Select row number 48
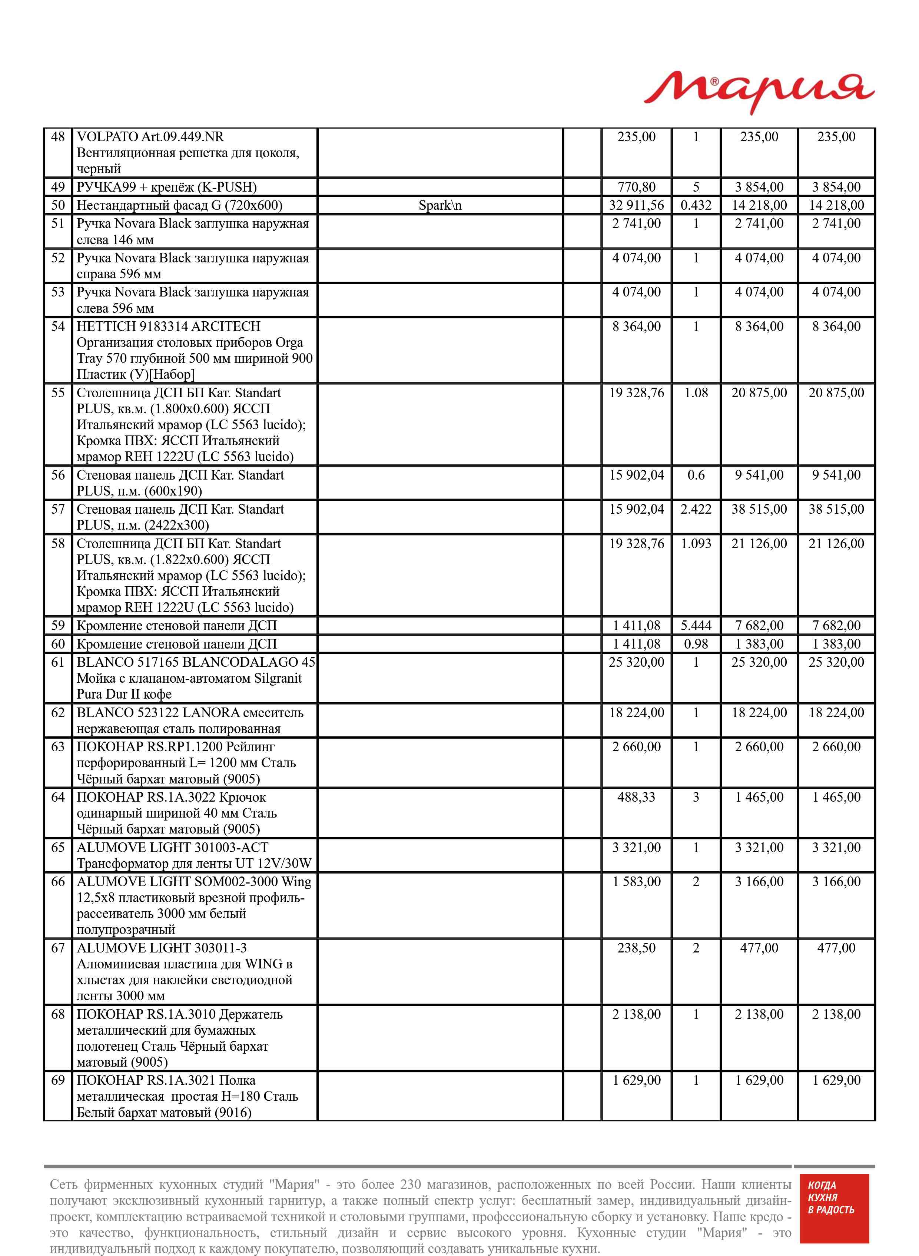click(58, 137)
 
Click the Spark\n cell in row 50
click(439, 206)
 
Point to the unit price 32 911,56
click(636, 206)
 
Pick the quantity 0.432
click(696, 206)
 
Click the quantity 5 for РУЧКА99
click(696, 188)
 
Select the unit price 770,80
click(636, 188)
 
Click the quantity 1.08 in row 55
click(696, 393)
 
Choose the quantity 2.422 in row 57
click(696, 510)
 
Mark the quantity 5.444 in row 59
click(696, 626)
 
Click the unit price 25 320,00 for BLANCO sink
click(636, 663)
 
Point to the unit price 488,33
click(636, 797)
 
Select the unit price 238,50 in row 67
click(636, 948)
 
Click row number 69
click(58, 1080)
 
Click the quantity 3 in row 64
click(696, 797)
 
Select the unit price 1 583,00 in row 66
click(636, 882)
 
